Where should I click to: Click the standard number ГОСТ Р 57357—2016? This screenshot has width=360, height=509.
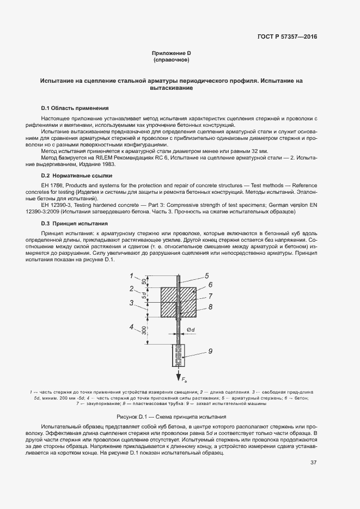point(286,36)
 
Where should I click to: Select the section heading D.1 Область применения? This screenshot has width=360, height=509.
point(75,108)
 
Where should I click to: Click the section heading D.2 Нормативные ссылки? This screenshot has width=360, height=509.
point(76,176)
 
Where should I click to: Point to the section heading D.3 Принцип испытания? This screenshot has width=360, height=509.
point(74,223)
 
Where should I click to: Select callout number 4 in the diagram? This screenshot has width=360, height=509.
point(132,327)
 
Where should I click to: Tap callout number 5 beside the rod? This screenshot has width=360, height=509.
point(207,275)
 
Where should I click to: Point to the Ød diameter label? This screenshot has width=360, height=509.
point(190,329)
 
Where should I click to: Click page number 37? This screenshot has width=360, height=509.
point(313,463)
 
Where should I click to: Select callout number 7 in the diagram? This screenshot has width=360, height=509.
point(210,296)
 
